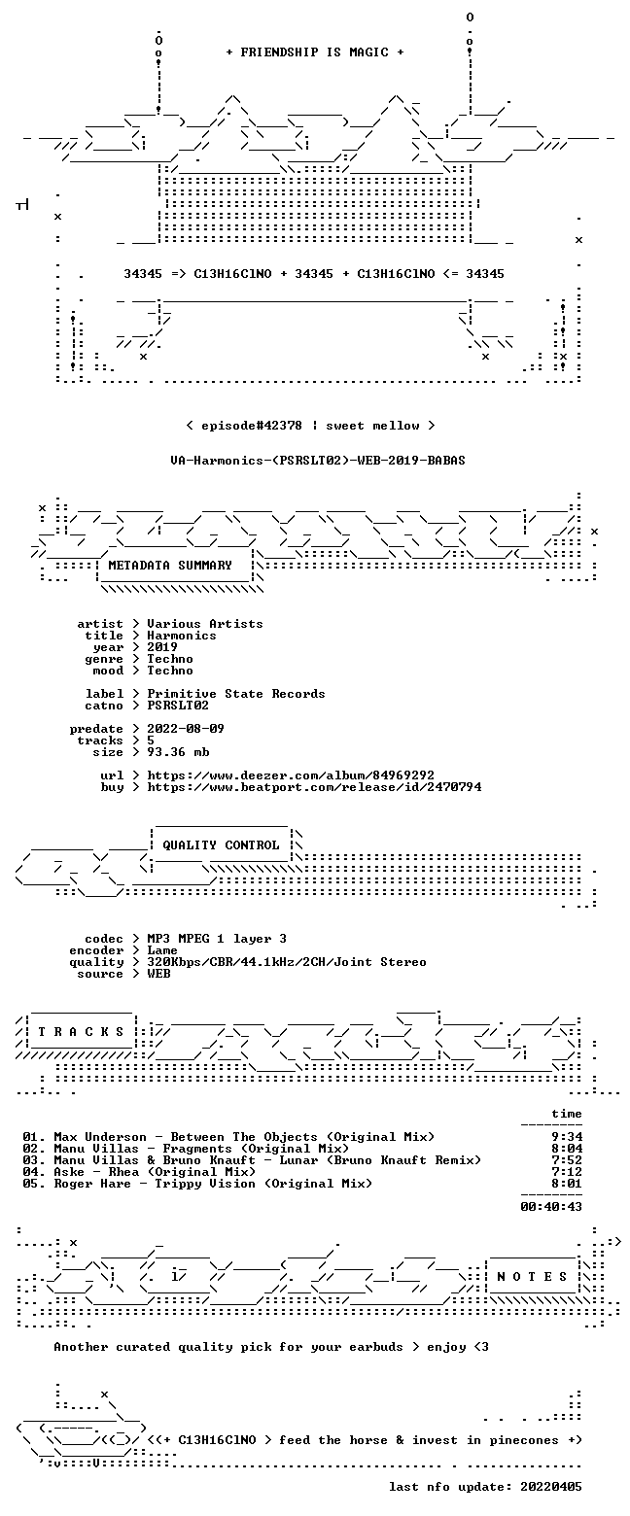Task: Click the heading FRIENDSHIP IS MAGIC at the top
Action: pyautogui.click(x=315, y=52)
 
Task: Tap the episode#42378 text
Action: pyautogui.click(x=252, y=426)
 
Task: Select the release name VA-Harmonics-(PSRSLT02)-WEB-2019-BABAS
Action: pyautogui.click(x=318, y=461)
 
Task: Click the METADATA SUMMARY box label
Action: pyautogui.click(x=170, y=566)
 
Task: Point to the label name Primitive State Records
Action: pyautogui.click(x=235, y=694)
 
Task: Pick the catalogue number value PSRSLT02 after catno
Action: pyautogui.click(x=178, y=706)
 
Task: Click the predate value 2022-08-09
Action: pyautogui.click(x=186, y=729)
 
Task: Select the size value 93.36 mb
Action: pyautogui.click(x=178, y=752)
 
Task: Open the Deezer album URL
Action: pyautogui.click(x=291, y=775)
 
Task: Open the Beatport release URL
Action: pyautogui.click(x=314, y=787)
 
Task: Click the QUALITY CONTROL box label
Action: pyautogui.click(x=221, y=845)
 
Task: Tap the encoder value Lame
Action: pyautogui.click(x=162, y=950)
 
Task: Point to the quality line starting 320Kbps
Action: pyautogui.click(x=287, y=962)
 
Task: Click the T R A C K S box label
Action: pyautogui.click(x=82, y=1032)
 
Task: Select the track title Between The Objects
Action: pyautogui.click(x=244, y=1137)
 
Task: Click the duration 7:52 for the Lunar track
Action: pyautogui.click(x=567, y=1160)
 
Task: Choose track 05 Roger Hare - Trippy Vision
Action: pyautogui.click(x=197, y=1184)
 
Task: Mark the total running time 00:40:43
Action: pyautogui.click(x=551, y=1207)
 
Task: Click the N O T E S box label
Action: pyautogui.click(x=532, y=1277)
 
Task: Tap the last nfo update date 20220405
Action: pyautogui.click(x=551, y=1487)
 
